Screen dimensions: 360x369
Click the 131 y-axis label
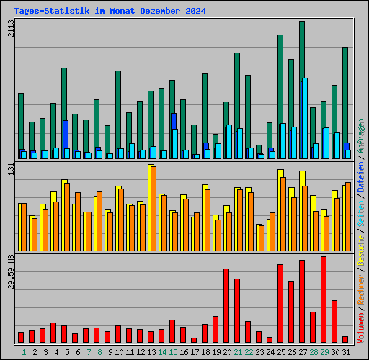tap(10, 169)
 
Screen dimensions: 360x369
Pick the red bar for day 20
tap(226, 305)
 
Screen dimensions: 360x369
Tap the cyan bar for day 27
tap(305, 118)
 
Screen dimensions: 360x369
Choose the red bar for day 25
tap(280, 303)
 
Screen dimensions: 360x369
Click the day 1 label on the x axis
tap(23, 352)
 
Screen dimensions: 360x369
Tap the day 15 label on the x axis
tap(173, 352)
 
